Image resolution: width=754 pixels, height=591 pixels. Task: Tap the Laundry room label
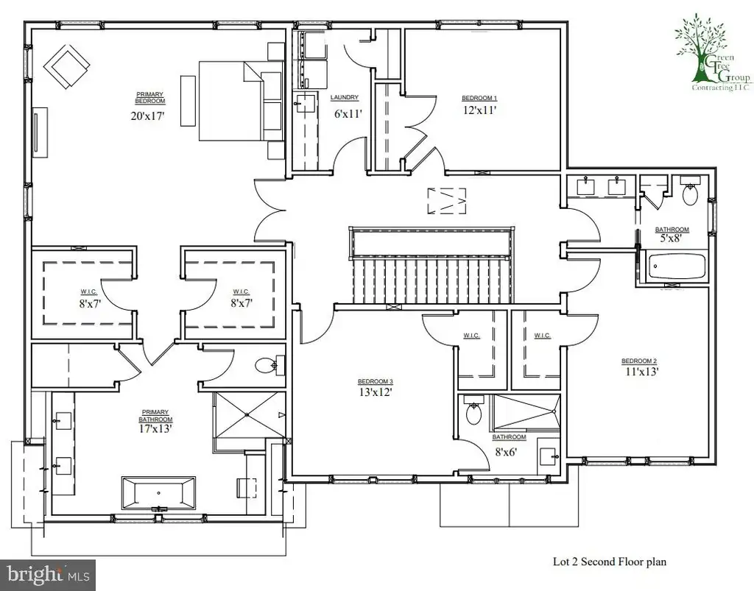coord(345,98)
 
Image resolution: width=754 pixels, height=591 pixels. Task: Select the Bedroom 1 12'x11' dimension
coord(479,110)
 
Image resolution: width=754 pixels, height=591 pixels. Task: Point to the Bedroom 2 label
coord(639,361)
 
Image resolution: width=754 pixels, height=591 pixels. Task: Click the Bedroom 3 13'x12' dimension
coord(376,392)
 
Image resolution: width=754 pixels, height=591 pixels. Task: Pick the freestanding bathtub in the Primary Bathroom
coord(159,493)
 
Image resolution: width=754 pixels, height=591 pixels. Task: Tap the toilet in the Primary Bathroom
coord(269,366)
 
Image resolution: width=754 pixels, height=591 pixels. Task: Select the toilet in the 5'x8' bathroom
coord(691,191)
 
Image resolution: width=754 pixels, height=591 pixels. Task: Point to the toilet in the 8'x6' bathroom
coord(473,410)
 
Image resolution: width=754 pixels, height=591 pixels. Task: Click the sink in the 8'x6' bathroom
coord(548,452)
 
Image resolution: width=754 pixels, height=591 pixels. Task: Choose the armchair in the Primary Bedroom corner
coord(67,66)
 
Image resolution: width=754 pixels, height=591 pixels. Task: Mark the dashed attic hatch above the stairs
coord(447,200)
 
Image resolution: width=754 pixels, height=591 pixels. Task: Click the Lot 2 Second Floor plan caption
coord(609,562)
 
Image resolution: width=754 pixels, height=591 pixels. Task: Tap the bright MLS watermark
coord(48,575)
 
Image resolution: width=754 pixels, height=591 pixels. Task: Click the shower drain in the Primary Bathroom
coord(247,414)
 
